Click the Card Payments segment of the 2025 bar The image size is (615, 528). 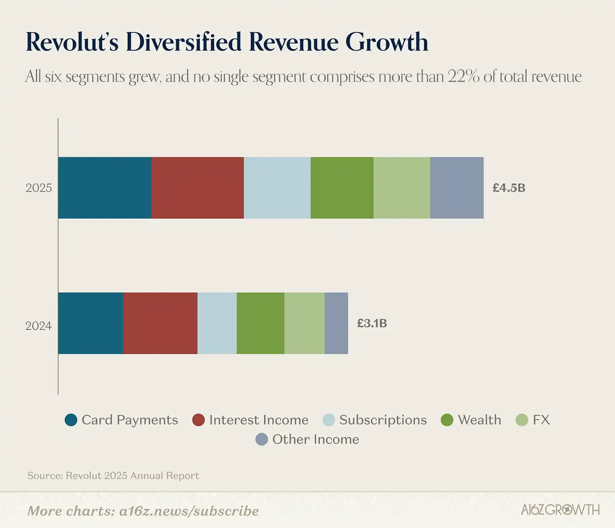tap(104, 188)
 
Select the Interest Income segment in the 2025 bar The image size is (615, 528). tap(197, 188)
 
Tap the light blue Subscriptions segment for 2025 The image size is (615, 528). tap(277, 188)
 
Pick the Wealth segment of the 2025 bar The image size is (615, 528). tap(342, 188)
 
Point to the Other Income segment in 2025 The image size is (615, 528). tap(457, 188)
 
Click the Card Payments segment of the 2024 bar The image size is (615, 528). tap(90, 323)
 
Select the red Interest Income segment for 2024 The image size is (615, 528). tap(160, 323)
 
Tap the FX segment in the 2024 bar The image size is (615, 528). tap(305, 323)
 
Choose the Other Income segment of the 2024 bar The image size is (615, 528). tap(336, 323)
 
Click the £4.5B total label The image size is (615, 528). tap(509, 188)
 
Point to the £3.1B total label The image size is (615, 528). tap(372, 323)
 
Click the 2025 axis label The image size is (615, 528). tap(38, 188)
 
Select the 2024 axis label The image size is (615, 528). tap(38, 326)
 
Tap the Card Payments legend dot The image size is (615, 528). tap(71, 420)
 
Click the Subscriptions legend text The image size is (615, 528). tap(383, 420)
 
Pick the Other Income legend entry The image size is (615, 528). tap(307, 439)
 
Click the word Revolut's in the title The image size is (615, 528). tap(72, 42)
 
